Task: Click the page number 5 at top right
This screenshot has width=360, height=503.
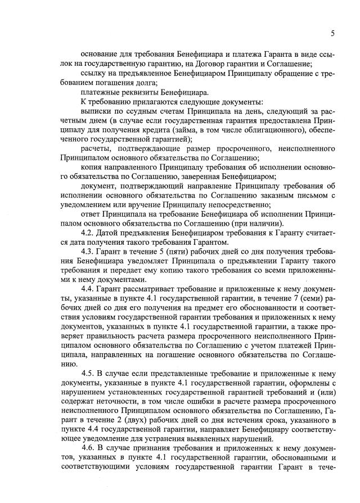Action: click(x=332, y=33)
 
